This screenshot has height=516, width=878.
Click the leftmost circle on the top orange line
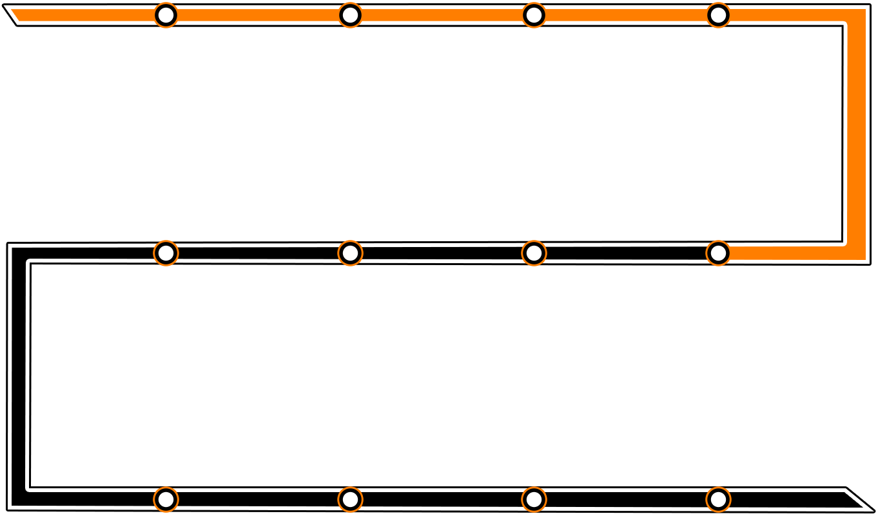pos(166,15)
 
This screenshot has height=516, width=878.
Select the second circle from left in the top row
pos(350,15)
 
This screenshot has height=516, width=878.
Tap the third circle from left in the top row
pos(534,15)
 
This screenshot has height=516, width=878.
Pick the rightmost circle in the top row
pos(718,15)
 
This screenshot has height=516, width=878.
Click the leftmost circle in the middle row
pos(166,253)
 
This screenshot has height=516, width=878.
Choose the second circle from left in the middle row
pos(350,253)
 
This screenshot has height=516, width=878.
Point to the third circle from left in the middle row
pos(534,253)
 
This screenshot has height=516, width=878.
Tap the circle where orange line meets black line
pos(718,253)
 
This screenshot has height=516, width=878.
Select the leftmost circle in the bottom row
pos(166,499)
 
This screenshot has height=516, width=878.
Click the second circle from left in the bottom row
pos(350,499)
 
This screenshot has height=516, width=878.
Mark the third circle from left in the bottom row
pos(534,499)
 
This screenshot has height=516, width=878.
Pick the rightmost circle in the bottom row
pos(718,499)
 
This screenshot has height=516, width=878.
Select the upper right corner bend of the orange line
pos(855,16)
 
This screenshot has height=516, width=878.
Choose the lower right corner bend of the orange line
pos(855,252)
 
